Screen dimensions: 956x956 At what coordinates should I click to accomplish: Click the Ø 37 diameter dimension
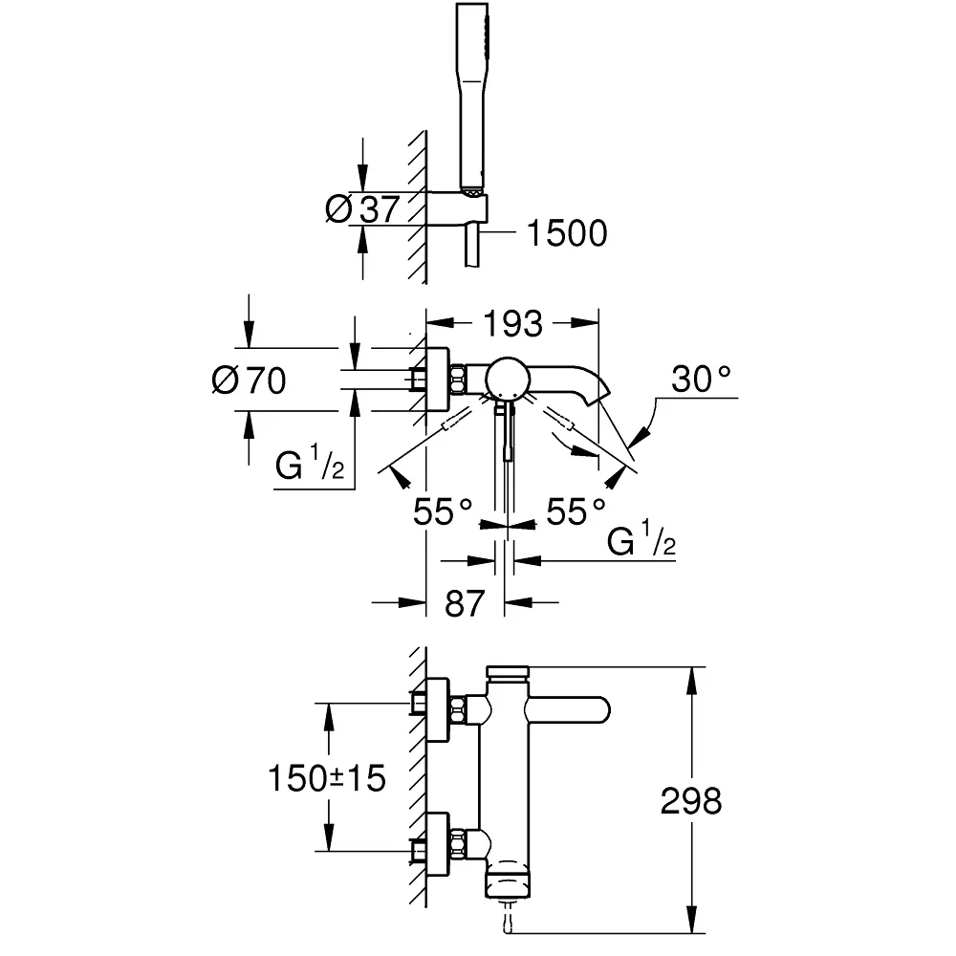[362, 209]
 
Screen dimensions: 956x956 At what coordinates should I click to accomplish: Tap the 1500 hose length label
[566, 233]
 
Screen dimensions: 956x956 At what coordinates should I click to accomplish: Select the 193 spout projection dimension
[512, 324]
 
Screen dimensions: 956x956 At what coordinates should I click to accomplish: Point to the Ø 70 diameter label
[249, 380]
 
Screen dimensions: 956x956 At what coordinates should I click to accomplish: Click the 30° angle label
[701, 379]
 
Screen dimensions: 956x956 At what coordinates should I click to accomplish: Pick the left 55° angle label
[443, 511]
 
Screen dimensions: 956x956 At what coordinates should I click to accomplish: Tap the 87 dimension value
[465, 603]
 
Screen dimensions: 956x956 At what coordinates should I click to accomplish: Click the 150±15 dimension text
[327, 778]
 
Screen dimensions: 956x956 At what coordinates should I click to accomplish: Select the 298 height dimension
[691, 801]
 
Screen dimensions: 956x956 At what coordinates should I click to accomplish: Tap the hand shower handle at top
[472, 98]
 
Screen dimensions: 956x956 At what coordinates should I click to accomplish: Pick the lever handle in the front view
[567, 709]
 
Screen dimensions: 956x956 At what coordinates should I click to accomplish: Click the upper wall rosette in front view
[438, 709]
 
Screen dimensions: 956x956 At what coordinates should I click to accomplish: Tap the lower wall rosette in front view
[438, 844]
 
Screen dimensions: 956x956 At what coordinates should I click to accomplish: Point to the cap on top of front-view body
[508, 672]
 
